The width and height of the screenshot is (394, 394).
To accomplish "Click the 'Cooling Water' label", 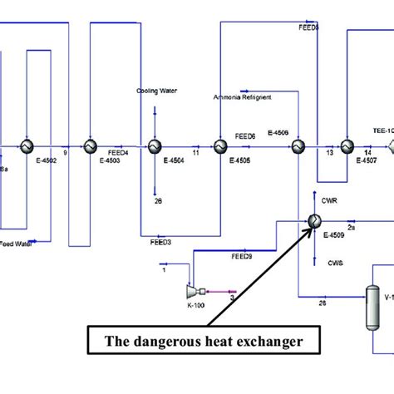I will tap(157, 91).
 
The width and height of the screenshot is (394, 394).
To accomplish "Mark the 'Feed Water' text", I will tap(18, 244).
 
